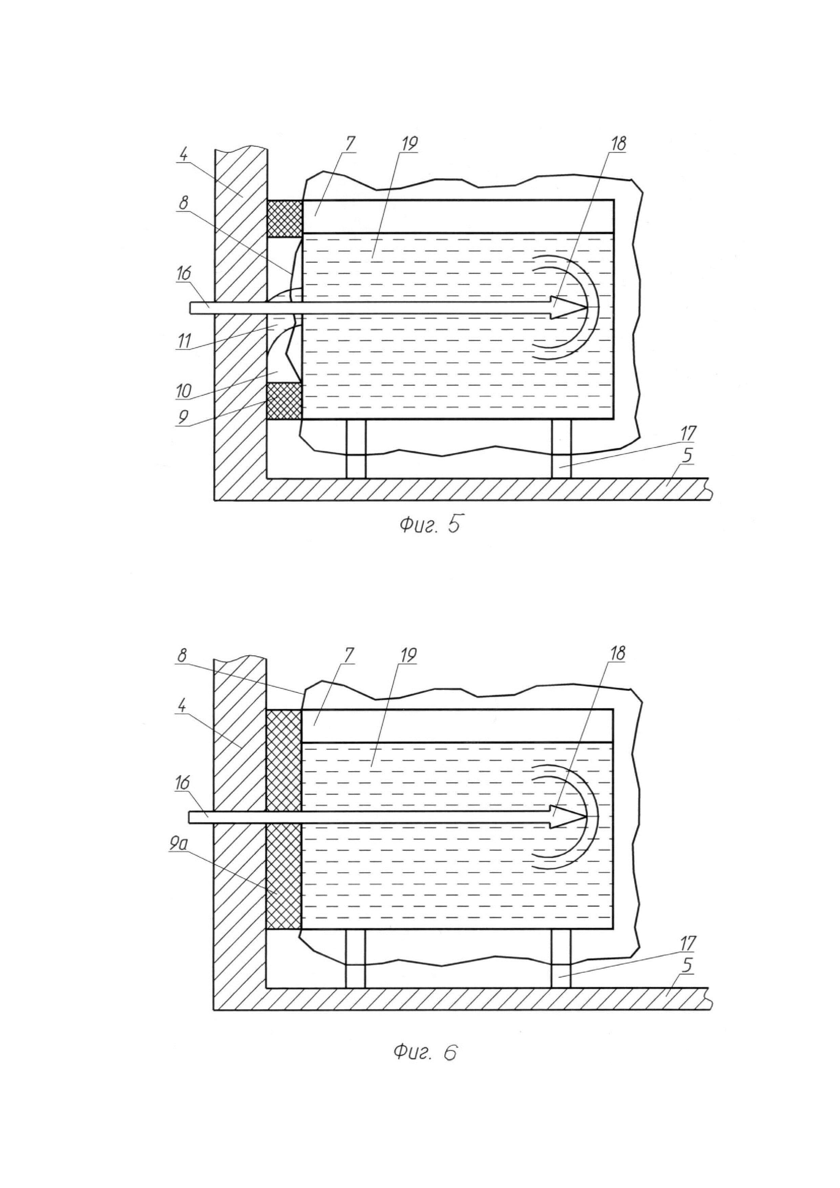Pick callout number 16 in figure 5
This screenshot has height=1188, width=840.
point(183,273)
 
